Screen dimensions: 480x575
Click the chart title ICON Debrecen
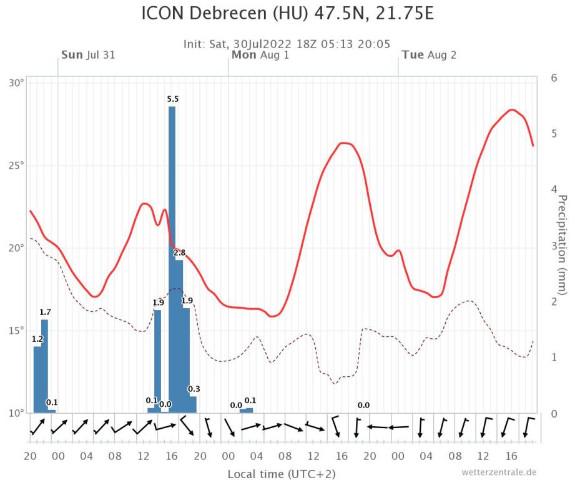pyautogui.click(x=287, y=14)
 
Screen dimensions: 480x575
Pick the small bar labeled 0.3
pyautogui.click(x=193, y=404)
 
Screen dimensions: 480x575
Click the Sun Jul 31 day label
pyautogui.click(x=88, y=55)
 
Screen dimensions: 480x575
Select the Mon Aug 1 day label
pyautogui.click(x=260, y=55)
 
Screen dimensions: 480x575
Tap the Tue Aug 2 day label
pyautogui.click(x=429, y=55)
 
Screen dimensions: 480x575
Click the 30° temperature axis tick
pyautogui.click(x=16, y=83)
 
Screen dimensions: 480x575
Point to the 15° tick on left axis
pyautogui.click(x=16, y=331)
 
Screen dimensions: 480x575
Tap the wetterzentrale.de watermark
pyautogui.click(x=499, y=472)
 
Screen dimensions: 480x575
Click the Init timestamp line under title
pyautogui.click(x=287, y=44)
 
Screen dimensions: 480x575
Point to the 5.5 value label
pyautogui.click(x=173, y=99)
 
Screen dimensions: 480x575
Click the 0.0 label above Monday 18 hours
pyautogui.click(x=363, y=405)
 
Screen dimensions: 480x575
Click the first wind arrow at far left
pyautogui.click(x=37, y=427)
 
